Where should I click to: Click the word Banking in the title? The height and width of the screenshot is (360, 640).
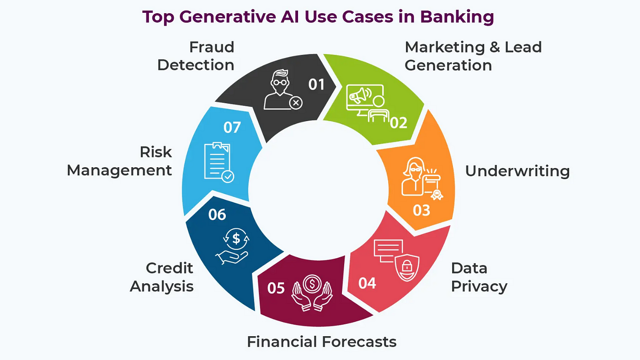[x=457, y=17]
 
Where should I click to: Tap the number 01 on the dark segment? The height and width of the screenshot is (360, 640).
[x=316, y=85]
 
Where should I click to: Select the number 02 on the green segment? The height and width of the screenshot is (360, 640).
[x=399, y=123]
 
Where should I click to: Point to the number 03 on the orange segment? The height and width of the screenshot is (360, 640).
[x=421, y=211]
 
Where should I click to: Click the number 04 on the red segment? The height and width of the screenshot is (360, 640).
[x=367, y=283]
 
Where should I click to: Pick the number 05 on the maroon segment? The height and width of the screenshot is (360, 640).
[x=276, y=288]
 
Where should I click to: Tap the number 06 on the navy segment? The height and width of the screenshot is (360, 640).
[x=217, y=215]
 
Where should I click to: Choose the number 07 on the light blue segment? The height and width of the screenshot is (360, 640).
[x=232, y=127]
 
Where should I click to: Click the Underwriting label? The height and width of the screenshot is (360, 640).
[x=517, y=171]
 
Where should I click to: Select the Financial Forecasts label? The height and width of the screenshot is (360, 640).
[x=322, y=341]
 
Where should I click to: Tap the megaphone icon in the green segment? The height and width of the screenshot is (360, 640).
[x=360, y=95]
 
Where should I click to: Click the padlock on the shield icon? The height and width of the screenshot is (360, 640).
[x=406, y=266]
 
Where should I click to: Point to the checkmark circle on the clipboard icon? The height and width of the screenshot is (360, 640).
[x=228, y=177]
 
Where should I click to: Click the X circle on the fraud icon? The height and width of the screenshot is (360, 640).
[x=296, y=103]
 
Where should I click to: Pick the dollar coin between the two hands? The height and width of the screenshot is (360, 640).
[x=312, y=284]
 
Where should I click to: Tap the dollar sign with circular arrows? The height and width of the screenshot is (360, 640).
[x=236, y=238]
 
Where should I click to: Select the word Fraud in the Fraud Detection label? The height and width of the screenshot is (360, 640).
[x=212, y=47]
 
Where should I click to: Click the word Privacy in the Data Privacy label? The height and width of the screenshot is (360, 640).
[x=479, y=286]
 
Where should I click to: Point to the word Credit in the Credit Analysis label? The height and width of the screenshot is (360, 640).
[x=170, y=268]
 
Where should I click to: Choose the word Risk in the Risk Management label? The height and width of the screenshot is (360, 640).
[x=156, y=152]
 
